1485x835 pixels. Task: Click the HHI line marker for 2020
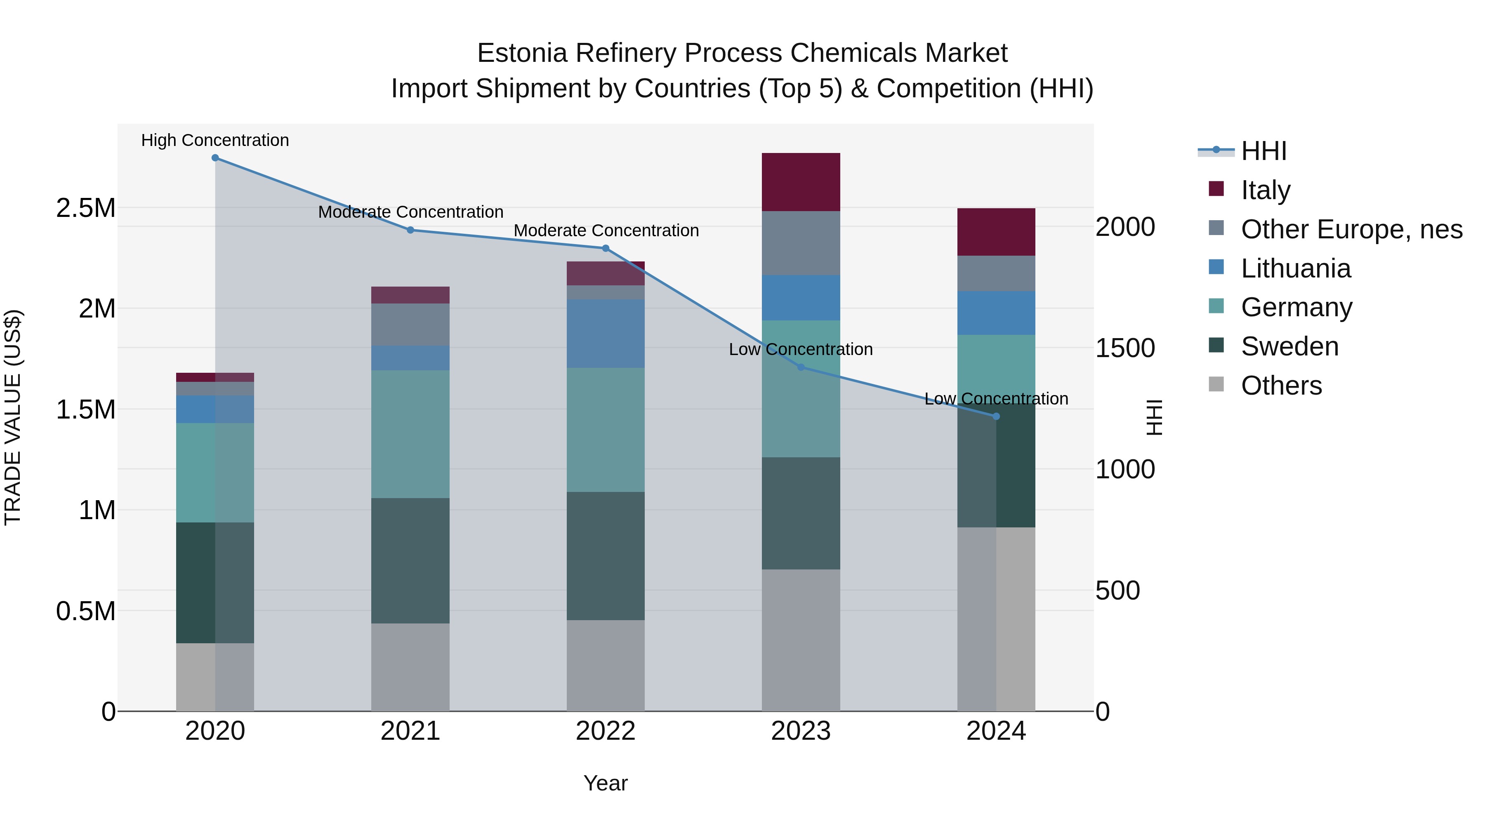pos(215,158)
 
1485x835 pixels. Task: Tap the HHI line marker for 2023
pos(801,367)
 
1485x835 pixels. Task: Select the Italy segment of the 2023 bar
pos(801,182)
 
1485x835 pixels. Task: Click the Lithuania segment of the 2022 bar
pos(605,333)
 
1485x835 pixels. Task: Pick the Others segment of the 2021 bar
pos(410,667)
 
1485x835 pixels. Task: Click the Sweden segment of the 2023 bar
pos(801,513)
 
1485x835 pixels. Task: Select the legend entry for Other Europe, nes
pos(1351,229)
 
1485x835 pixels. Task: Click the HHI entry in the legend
pos(1263,151)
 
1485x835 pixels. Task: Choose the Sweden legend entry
pos(1289,346)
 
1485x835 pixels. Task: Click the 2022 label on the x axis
pos(605,731)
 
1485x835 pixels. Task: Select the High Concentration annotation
pos(215,140)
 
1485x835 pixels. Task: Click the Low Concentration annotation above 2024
pos(996,399)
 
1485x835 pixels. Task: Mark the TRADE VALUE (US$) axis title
pos(13,417)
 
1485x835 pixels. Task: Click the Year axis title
pos(605,783)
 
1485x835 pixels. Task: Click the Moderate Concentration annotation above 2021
pos(410,212)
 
